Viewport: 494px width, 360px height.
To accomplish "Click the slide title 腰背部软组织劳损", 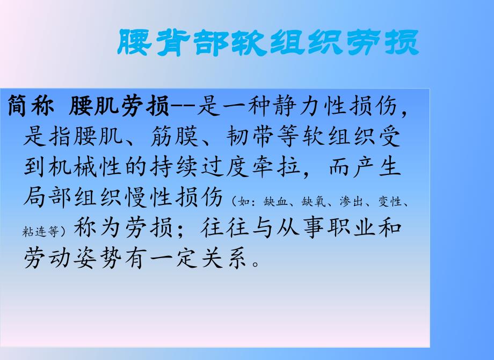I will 268,42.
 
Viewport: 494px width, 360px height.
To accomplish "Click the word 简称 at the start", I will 31,107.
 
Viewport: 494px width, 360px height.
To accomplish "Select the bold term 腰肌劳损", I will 119,107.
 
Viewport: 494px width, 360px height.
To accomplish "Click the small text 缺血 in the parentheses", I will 272,202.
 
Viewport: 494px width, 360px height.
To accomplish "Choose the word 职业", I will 352,227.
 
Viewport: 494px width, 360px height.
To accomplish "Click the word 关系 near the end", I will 224,258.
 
